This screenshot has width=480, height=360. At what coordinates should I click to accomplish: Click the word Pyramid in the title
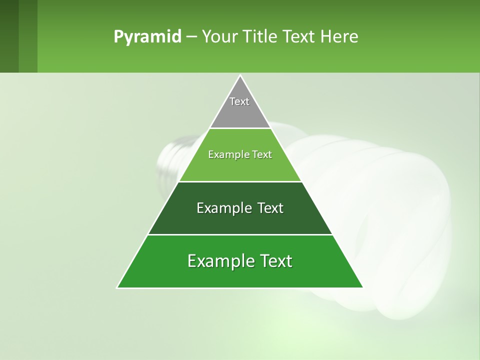pos(147,37)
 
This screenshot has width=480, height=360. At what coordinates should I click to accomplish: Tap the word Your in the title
pos(219,37)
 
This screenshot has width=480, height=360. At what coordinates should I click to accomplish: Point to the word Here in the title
pos(339,37)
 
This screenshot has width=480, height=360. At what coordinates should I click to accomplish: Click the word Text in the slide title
pos(299,37)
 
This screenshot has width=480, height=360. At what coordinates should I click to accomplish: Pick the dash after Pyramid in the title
pos(191,37)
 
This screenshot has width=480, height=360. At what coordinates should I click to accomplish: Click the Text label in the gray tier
pos(239,101)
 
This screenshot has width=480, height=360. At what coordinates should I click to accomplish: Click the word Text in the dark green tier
pos(270,208)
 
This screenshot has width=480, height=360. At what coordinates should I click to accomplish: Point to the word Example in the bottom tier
pos(218,261)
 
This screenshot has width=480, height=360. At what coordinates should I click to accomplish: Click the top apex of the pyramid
pos(240,76)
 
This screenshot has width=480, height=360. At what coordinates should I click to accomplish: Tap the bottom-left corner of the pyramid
pos(118,287)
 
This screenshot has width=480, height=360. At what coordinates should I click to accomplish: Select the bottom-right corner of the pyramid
pos(362,287)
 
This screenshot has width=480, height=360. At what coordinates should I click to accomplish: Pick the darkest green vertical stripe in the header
pos(9,36)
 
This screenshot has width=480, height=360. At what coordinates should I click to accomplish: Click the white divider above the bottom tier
pos(240,234)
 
